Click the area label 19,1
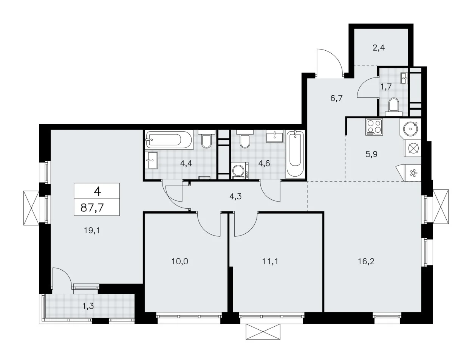[x=92, y=231]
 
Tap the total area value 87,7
[x=92, y=208]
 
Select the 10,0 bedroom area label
[x=180, y=262]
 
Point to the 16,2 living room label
[x=366, y=262]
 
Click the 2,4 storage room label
[x=379, y=48]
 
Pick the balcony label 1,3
[x=88, y=306]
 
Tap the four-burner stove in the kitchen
[x=374, y=127]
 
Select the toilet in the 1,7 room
[x=394, y=107]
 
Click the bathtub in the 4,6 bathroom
[x=295, y=154]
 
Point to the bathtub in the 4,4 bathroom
[x=169, y=140]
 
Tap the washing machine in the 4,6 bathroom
[x=240, y=171]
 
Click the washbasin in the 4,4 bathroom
[x=151, y=160]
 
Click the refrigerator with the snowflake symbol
[x=413, y=173]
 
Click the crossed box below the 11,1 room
[x=263, y=331]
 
